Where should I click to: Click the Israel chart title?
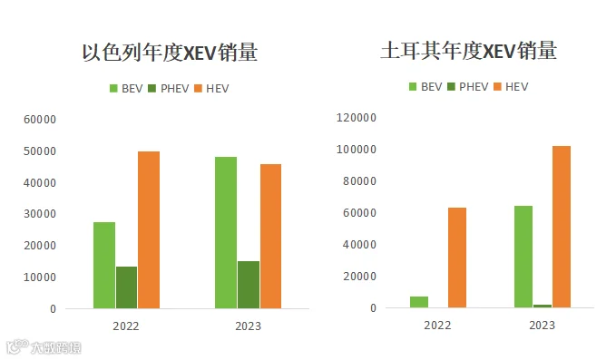[x=170, y=53]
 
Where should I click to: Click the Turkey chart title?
[x=469, y=51]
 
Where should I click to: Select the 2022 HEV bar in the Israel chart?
[x=149, y=229]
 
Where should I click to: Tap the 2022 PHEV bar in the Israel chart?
[x=126, y=287]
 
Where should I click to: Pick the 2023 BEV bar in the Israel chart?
[x=226, y=232]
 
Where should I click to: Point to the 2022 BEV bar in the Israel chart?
[x=104, y=265]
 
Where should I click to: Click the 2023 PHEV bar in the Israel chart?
[x=249, y=285]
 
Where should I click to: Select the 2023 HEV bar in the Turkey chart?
[x=562, y=227]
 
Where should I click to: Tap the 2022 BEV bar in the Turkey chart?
[x=419, y=302]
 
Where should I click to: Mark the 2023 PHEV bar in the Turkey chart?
[x=543, y=306]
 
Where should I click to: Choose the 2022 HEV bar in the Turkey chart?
[x=457, y=258]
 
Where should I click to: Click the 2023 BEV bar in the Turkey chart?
[x=523, y=257]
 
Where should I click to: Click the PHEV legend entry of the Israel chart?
[x=169, y=88]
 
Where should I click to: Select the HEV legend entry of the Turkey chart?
[x=511, y=87]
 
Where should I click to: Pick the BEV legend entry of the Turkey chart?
[x=425, y=87]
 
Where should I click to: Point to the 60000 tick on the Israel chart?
[x=40, y=120]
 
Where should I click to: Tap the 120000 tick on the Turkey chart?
[x=357, y=117]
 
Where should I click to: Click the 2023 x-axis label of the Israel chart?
[x=248, y=326]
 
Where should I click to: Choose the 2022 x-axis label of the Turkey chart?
[x=437, y=325]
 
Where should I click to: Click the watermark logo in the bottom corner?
[x=44, y=346]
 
